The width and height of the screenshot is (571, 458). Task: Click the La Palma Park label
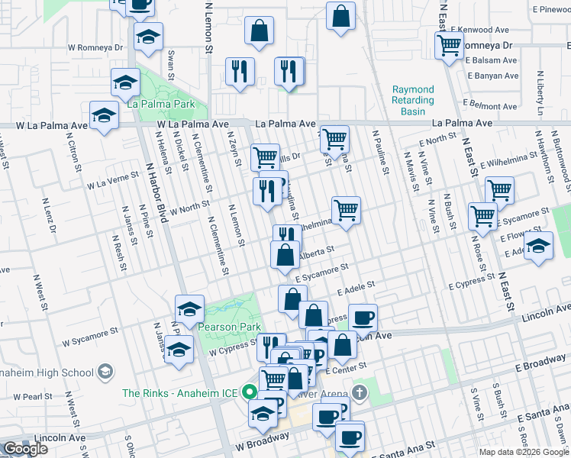161,105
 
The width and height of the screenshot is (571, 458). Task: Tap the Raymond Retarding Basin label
413,100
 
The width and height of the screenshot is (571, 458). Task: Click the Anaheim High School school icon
106,373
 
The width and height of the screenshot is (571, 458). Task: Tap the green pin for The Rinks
249,394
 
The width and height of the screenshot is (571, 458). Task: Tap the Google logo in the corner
26,449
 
